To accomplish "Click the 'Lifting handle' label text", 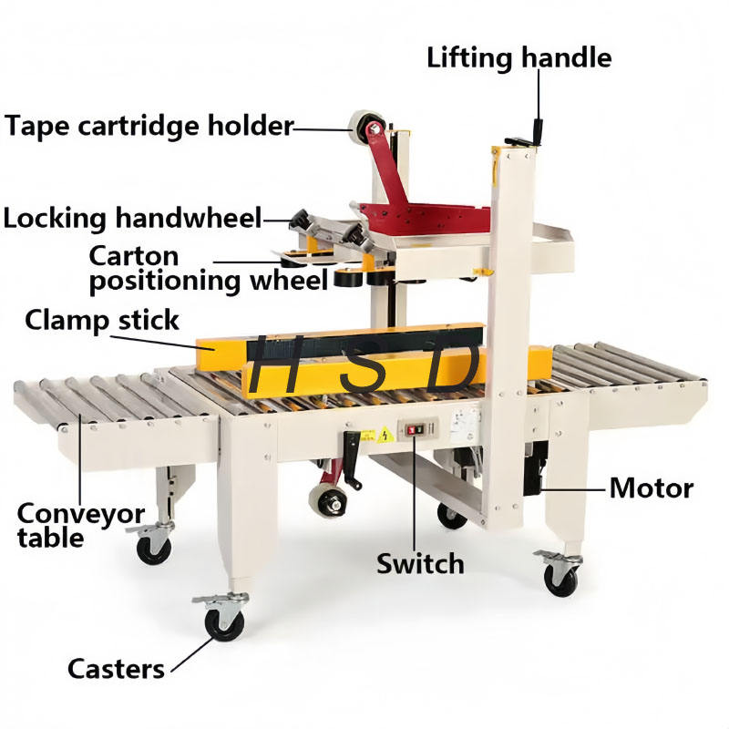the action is pos(519,57).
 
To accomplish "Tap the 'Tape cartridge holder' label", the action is pos(149,124).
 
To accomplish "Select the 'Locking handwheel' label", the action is pos(132,218).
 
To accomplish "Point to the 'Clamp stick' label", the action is pos(102,320).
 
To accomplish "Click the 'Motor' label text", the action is pos(651,488).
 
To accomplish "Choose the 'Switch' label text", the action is pos(420,563).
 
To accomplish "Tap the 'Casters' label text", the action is pos(116,668).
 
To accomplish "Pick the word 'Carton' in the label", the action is pos(134,254).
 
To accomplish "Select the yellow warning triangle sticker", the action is pos(385,433).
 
